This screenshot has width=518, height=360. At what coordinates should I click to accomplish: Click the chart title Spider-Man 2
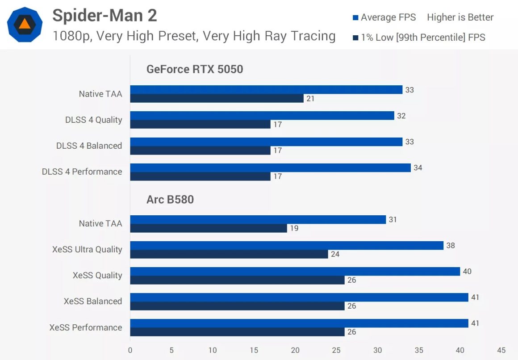click(x=104, y=16)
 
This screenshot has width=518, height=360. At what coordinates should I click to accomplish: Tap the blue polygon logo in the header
click(x=25, y=25)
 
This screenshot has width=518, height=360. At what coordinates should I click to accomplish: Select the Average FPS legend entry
click(x=384, y=17)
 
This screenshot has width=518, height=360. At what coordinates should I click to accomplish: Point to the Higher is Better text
click(x=460, y=17)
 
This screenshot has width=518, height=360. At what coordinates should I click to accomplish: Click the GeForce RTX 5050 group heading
click(x=195, y=69)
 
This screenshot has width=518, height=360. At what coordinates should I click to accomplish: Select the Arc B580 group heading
click(x=170, y=199)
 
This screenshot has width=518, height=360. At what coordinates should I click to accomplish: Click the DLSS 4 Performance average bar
click(x=270, y=167)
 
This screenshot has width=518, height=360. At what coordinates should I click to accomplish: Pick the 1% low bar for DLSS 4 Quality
click(x=200, y=124)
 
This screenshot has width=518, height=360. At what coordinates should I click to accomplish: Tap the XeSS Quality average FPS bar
click(x=295, y=271)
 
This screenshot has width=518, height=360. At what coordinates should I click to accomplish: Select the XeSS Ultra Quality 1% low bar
click(x=229, y=254)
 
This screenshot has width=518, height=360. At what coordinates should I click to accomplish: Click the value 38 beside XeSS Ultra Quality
click(x=450, y=246)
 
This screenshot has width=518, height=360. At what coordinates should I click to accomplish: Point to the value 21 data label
click(x=310, y=99)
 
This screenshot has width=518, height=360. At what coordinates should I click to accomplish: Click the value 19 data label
click(x=294, y=228)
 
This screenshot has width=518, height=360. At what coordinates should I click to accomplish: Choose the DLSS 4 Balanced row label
click(x=89, y=146)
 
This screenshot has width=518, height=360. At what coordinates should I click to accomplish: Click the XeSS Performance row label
click(x=86, y=327)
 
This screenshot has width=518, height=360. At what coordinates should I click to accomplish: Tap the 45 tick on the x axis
click(x=501, y=350)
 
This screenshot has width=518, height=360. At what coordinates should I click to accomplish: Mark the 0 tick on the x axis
click(x=130, y=350)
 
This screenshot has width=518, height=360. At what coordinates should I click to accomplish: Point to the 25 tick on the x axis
click(x=336, y=350)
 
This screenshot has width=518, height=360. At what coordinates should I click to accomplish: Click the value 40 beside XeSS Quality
click(x=467, y=272)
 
